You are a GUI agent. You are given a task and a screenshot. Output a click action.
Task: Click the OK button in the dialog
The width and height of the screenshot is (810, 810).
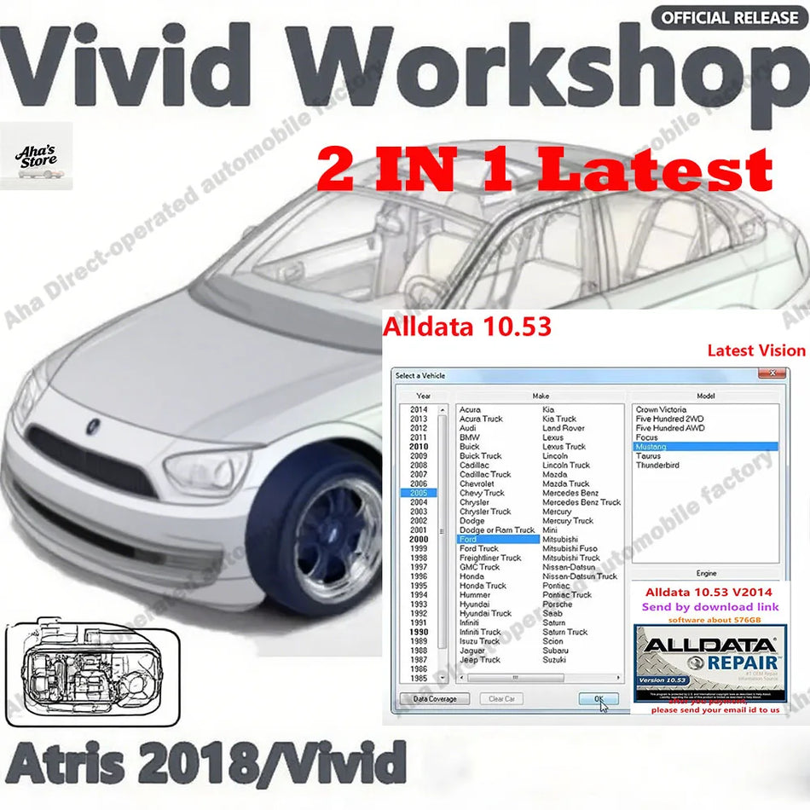coord(599,699)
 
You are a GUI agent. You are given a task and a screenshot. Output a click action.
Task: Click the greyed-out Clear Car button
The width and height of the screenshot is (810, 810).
coord(500,699)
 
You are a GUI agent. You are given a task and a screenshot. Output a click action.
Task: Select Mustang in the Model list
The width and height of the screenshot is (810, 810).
coord(651,447)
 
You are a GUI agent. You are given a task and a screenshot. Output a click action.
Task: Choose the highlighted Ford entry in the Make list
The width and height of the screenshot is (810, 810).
coord(468,539)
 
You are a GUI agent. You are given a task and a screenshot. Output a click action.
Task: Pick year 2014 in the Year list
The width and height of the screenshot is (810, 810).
coord(418,410)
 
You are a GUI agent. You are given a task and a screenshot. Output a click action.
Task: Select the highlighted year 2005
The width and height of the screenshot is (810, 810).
coord(418,493)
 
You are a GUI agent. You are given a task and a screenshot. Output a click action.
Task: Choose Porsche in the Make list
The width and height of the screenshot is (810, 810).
coord(558,605)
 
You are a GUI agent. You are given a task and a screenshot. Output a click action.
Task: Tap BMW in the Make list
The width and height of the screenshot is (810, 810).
coord(470,437)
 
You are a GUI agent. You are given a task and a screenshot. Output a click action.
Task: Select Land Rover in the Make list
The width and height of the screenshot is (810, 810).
coord(563,428)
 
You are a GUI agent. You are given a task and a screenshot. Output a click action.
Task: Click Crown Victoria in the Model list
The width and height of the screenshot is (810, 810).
coord(661,410)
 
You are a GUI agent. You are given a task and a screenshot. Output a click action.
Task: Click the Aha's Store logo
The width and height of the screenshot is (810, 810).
coord(37,156)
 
